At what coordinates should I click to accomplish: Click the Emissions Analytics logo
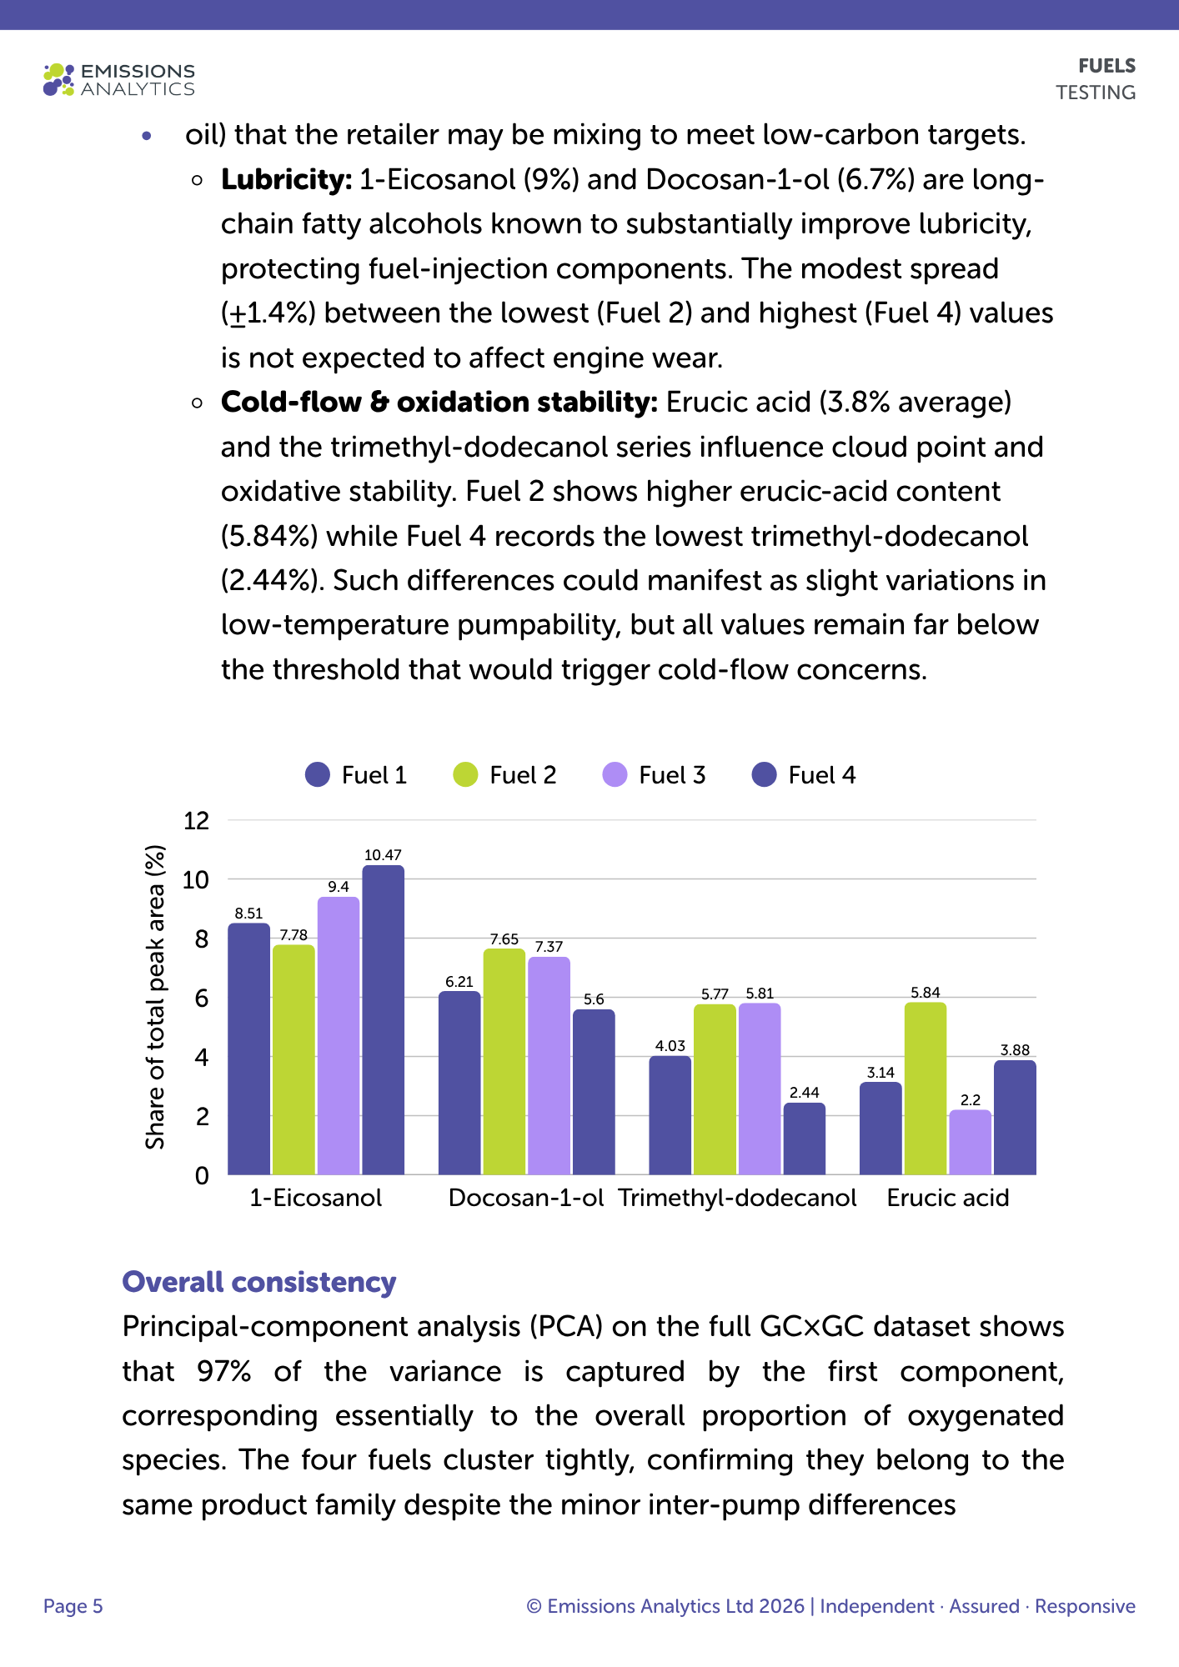pyautogui.click(x=119, y=80)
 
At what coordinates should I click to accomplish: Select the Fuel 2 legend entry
pyautogui.click(x=504, y=775)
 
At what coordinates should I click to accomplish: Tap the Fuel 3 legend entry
pyautogui.click(x=654, y=775)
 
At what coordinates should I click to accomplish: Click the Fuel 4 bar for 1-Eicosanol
pyautogui.click(x=383, y=1020)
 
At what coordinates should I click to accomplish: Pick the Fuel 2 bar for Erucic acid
pyautogui.click(x=926, y=1089)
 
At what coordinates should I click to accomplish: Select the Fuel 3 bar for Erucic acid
pyautogui.click(x=971, y=1143)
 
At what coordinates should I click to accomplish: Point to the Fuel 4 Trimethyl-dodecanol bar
pyautogui.click(x=805, y=1139)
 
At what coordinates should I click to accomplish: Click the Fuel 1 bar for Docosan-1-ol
pyautogui.click(x=459, y=1084)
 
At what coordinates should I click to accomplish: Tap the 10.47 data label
pyautogui.click(x=383, y=855)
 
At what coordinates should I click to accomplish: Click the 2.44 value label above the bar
pyautogui.click(x=805, y=1093)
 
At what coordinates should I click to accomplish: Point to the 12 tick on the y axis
pyautogui.click(x=197, y=820)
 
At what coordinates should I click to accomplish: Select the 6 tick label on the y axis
pyautogui.click(x=202, y=998)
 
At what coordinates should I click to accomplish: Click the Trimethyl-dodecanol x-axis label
pyautogui.click(x=737, y=1198)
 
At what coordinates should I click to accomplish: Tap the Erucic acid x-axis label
pyautogui.click(x=948, y=1198)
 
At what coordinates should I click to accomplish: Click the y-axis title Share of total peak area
pyautogui.click(x=155, y=998)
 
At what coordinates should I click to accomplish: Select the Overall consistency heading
pyautogui.click(x=259, y=1282)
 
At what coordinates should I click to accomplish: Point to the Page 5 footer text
pyautogui.click(x=73, y=1606)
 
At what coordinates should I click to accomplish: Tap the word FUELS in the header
pyautogui.click(x=1107, y=66)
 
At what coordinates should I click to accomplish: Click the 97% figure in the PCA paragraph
pyautogui.click(x=224, y=1371)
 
